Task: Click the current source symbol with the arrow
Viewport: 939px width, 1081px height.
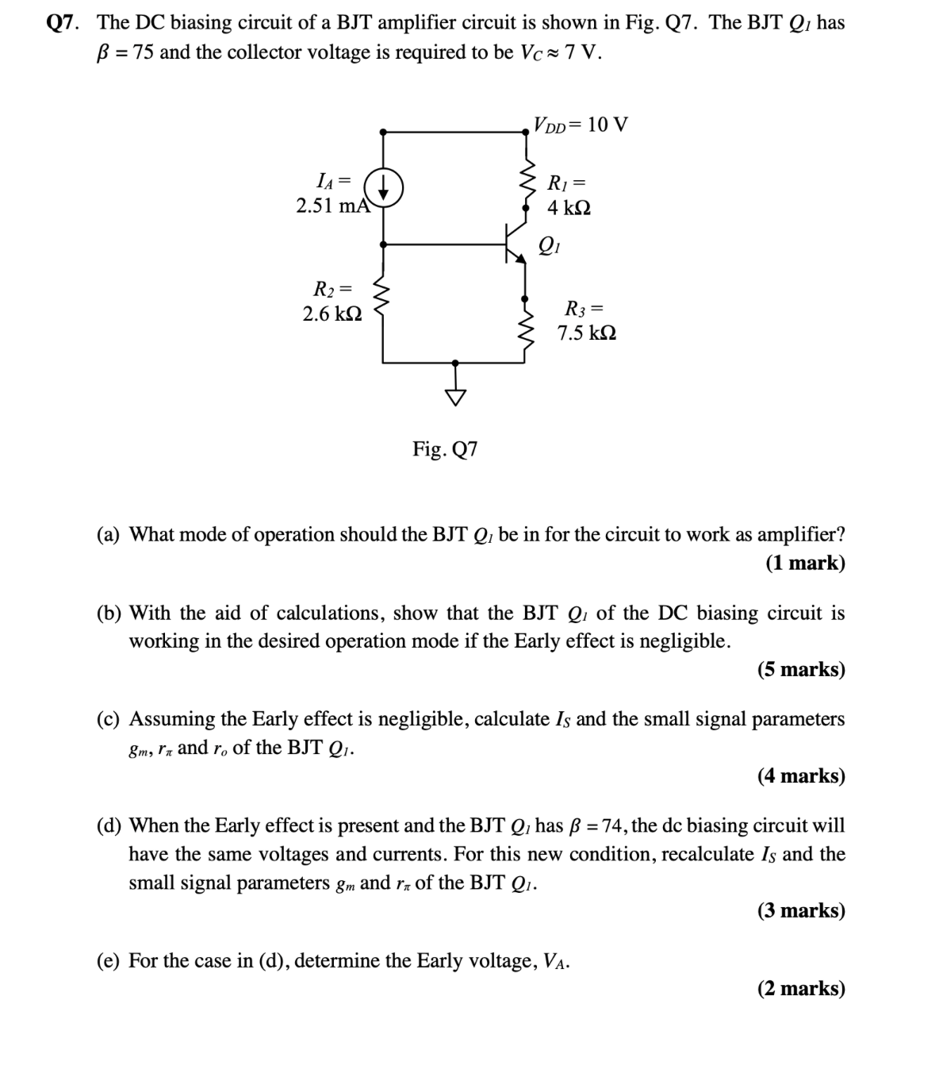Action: (384, 189)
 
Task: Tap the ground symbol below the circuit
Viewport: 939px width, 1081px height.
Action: (455, 394)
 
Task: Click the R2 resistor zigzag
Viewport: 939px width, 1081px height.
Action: (384, 299)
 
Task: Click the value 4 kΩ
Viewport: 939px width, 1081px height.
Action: (569, 208)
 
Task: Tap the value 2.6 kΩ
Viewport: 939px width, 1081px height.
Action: (332, 314)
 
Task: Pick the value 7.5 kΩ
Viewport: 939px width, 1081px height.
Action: (586, 333)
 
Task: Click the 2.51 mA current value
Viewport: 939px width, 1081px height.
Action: (332, 206)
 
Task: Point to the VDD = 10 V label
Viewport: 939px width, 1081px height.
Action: (581, 125)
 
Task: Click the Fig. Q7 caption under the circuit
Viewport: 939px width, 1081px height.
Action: (445, 449)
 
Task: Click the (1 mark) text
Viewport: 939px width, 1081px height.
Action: (804, 563)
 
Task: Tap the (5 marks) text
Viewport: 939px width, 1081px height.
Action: (800, 669)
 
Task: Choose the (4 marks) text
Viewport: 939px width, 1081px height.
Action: (800, 775)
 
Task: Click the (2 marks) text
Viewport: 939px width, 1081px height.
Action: (800, 988)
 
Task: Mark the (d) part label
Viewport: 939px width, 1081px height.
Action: (109, 825)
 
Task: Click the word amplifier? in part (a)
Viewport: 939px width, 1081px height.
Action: (800, 534)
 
